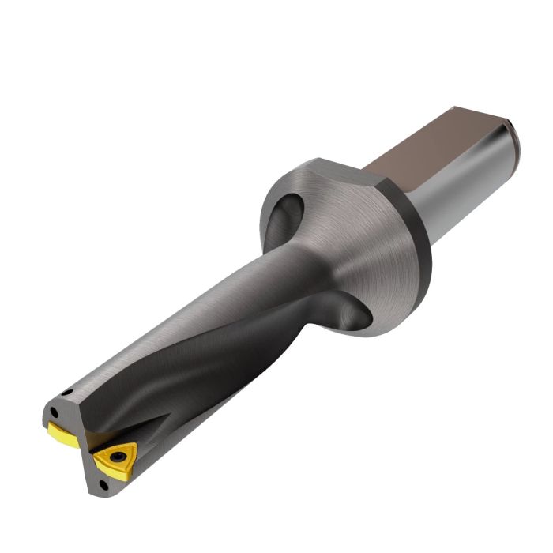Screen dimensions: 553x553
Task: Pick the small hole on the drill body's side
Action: tap(70, 392)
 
